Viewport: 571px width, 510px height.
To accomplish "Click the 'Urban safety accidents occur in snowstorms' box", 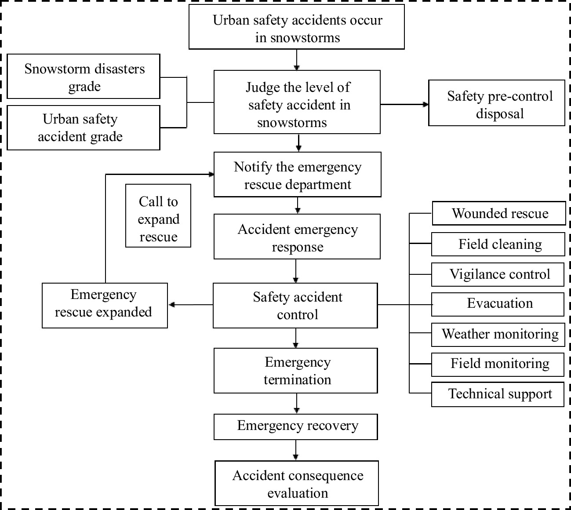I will [x=297, y=27].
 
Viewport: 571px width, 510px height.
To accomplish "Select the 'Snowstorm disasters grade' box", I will [x=84, y=76].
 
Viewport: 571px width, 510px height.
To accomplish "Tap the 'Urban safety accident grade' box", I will [x=84, y=127].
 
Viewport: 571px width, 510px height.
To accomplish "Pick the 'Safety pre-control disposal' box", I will [x=497, y=103].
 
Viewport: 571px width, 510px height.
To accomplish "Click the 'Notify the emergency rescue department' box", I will [x=297, y=175].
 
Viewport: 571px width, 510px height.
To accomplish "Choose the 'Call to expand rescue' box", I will [x=158, y=215].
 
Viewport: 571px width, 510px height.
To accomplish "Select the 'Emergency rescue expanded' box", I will [x=105, y=305].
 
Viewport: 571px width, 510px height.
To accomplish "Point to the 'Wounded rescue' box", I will [x=499, y=214].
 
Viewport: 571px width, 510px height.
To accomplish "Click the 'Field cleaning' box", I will [x=498, y=244].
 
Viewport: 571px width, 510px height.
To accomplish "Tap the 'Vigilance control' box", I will [x=498, y=275].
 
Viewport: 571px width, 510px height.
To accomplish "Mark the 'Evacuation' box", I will [x=498, y=304].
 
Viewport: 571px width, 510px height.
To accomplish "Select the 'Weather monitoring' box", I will [x=499, y=335].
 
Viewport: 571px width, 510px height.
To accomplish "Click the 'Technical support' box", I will [x=498, y=394].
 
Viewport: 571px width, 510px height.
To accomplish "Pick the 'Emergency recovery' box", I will [x=296, y=426].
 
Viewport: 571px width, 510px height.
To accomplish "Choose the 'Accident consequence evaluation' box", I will [x=297, y=483].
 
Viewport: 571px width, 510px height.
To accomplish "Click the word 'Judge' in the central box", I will [x=263, y=87].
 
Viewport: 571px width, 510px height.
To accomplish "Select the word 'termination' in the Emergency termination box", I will [x=297, y=380].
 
